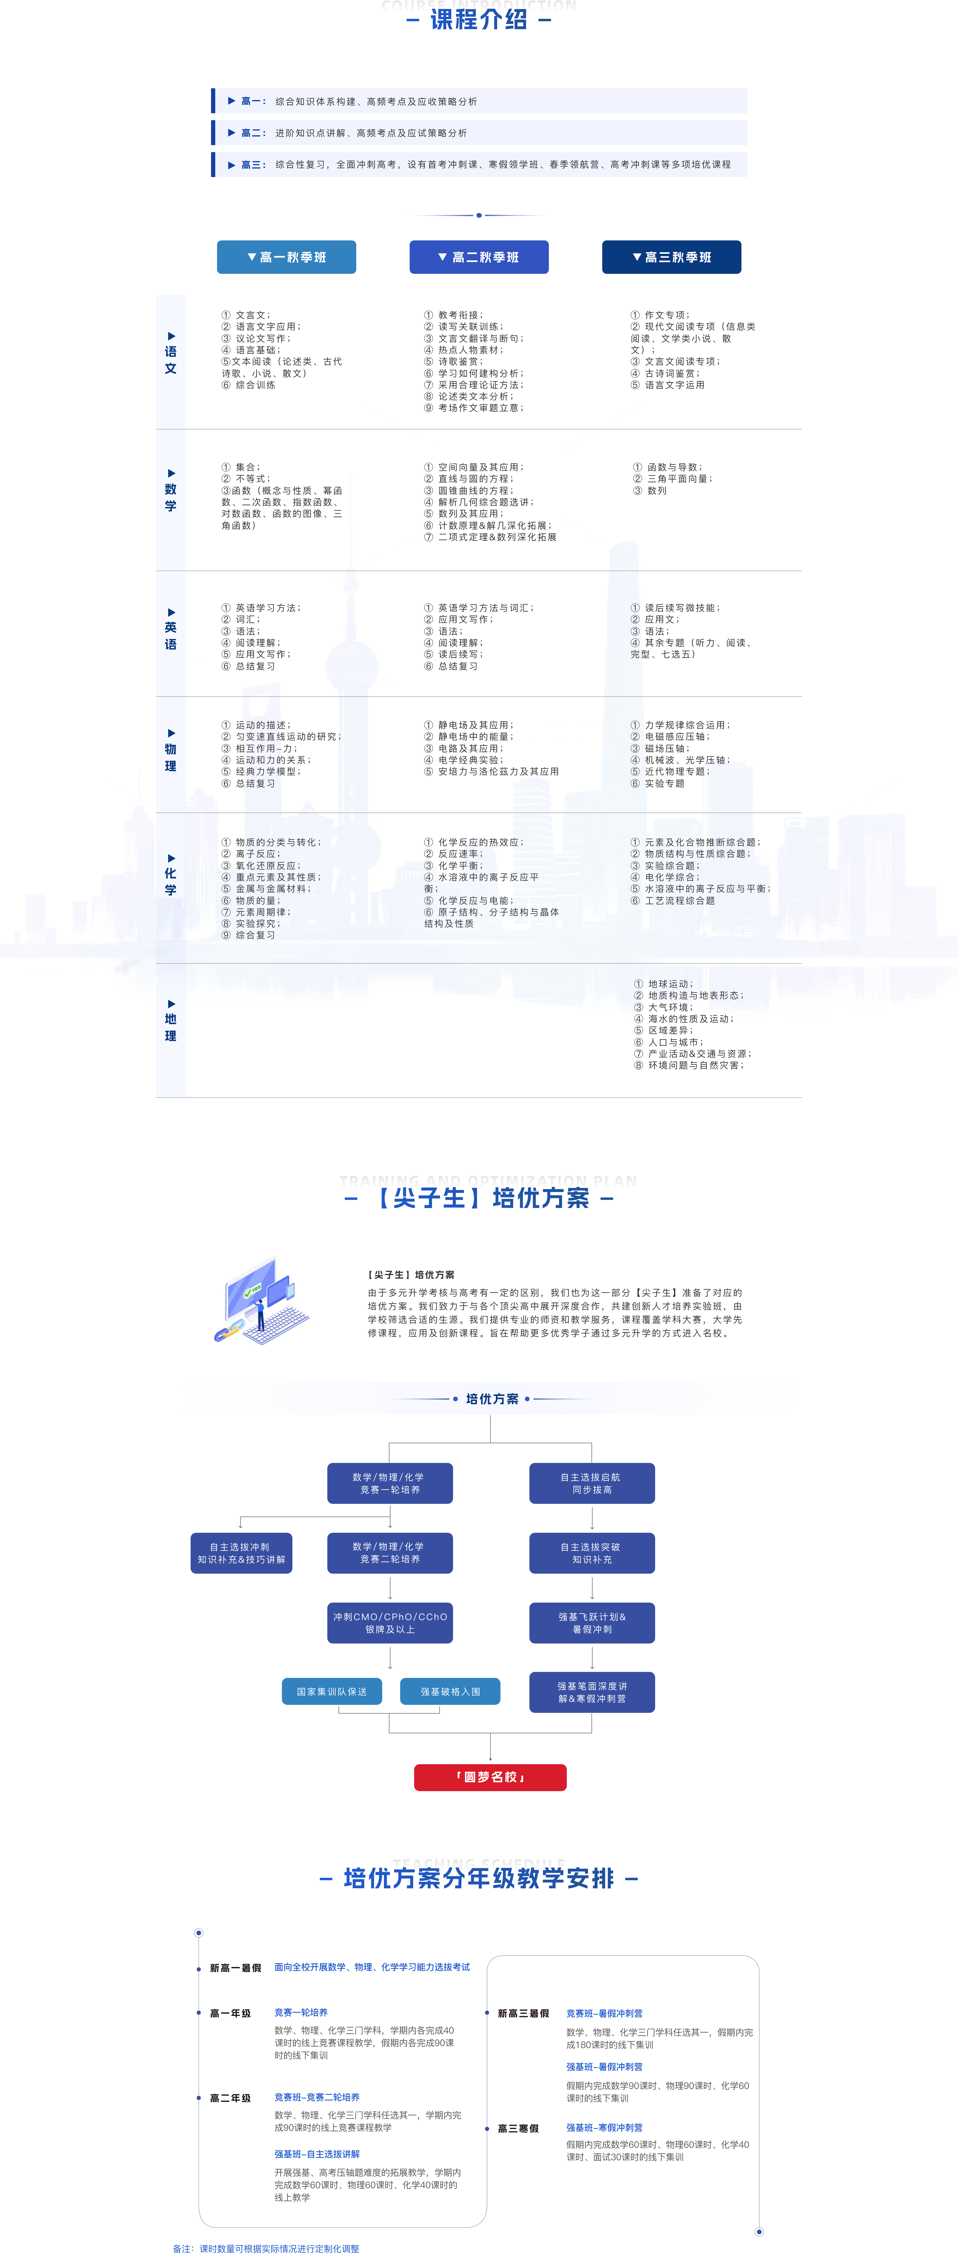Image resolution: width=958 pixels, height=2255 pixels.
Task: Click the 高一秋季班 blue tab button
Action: pos(286,257)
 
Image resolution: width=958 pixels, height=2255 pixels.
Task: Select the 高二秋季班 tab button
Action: pos(479,257)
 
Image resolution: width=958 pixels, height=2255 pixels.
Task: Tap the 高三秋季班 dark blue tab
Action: pos(672,257)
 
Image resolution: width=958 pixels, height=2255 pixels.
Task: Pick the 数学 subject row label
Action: pos(171,497)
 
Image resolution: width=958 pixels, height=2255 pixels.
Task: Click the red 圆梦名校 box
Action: pos(490,1777)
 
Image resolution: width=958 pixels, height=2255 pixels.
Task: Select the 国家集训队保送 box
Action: pos(332,1691)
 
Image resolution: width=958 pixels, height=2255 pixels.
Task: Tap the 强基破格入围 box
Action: pos(450,1691)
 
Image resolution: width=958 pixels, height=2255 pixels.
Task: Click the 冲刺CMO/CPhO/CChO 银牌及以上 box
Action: pos(390,1623)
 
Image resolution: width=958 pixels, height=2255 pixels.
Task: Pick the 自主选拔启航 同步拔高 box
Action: pos(592,1483)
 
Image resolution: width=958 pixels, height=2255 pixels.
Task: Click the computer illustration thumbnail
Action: pos(262,1300)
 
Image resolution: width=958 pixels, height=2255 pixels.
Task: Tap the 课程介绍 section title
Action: pos(479,19)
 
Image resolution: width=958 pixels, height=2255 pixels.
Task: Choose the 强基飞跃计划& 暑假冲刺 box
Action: pos(592,1623)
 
